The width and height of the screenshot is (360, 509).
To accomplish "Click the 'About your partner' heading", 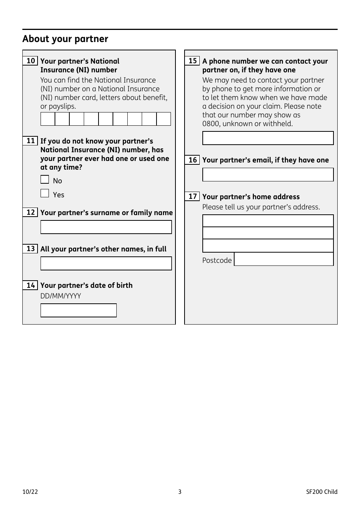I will pos(65,39).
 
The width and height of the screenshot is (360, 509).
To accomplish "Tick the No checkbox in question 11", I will pos(45,180).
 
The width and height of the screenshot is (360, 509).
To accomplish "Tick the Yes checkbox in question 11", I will pos(45,194).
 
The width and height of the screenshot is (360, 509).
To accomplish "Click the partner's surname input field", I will pos(106,227).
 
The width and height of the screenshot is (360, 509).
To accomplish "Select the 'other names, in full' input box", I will pos(106,264).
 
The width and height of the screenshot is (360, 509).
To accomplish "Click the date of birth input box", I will pos(78,311).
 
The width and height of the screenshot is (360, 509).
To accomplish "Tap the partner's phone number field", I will pos(268,138).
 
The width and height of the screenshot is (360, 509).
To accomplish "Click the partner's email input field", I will pos(268,175).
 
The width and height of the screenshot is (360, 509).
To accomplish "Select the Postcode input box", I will pos(284,259).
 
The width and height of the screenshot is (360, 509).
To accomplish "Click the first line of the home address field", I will pos(268,221).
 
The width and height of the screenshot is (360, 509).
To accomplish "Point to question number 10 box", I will pos(31,61).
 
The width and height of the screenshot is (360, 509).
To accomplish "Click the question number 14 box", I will pos(31,285).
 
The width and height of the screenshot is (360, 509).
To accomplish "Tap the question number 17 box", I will pos(193,196).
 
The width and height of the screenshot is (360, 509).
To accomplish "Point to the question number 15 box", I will pos(193,61).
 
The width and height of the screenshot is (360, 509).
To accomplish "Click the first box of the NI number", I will pos(48,119).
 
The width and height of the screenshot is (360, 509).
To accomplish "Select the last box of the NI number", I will pos(164,119).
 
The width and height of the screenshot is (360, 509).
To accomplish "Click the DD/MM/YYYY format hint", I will pos(61,296).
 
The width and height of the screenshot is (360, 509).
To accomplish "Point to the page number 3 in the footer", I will pos(180,492).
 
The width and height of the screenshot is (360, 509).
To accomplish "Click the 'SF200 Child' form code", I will pos(322,492).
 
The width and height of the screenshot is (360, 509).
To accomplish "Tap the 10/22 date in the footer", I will pos(30,492).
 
